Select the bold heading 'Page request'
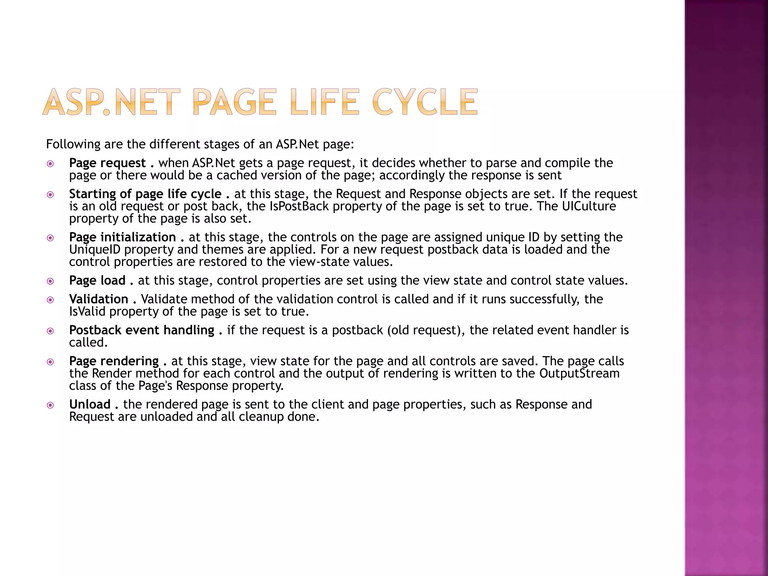(107, 163)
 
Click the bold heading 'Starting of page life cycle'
(145, 194)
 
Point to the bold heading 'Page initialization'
(122, 237)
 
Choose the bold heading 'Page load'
(97, 280)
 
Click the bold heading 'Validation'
(99, 299)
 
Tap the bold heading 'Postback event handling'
(142, 330)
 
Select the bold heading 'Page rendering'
(114, 361)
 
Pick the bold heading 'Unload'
(90, 404)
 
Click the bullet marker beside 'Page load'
(50, 281)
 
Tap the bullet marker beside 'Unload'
(50, 405)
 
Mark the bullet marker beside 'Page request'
(50, 163)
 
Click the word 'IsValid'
(87, 312)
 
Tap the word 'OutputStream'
(579, 373)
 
